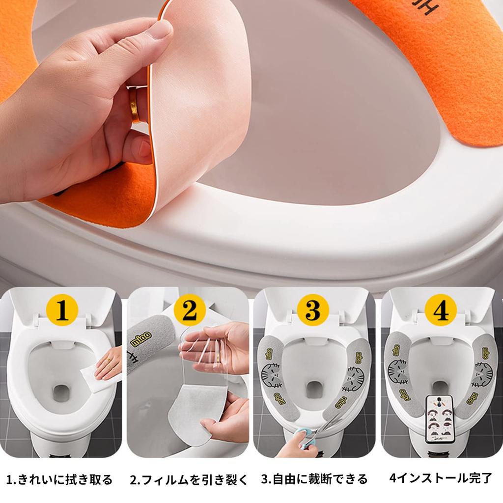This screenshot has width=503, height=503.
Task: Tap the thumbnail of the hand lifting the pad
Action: click(98, 98)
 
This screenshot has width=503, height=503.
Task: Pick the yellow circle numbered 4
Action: click(440, 310)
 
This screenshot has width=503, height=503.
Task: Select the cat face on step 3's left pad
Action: click(271, 375)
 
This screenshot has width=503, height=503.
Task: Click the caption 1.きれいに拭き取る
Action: click(59, 479)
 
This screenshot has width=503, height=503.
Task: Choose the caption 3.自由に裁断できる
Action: click(314, 479)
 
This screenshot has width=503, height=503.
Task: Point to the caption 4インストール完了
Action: click(440, 479)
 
